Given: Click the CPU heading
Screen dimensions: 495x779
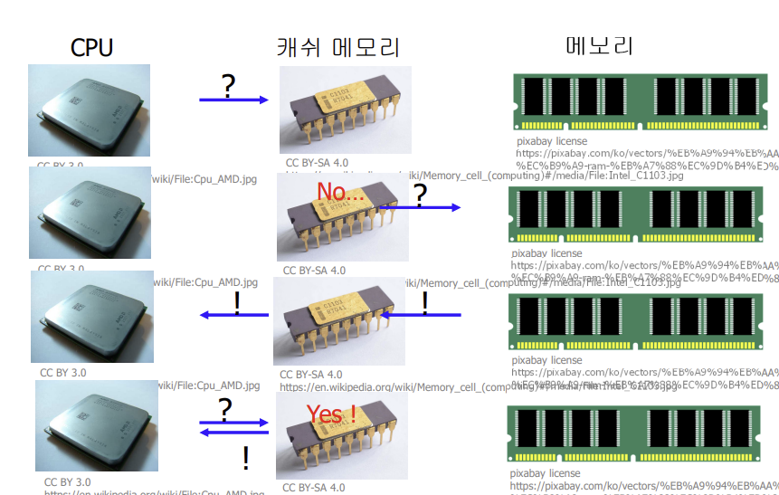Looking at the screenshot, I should [x=91, y=47].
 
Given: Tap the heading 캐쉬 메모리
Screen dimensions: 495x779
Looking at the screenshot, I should [x=337, y=47].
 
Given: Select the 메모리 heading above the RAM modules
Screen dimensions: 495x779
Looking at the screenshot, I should [x=600, y=47].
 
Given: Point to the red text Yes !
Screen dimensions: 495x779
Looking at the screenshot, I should [x=330, y=414].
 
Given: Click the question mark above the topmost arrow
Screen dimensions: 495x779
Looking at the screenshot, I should [x=228, y=86].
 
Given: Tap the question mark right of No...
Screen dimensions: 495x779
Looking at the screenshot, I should [x=420, y=193].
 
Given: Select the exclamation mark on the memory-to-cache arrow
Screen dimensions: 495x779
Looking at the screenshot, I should [x=424, y=301].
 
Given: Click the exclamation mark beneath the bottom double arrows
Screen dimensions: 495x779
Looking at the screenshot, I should [x=245, y=459].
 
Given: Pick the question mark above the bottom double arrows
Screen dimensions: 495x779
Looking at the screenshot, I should [x=225, y=408].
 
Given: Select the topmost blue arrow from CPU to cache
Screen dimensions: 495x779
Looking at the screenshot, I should [x=233, y=100].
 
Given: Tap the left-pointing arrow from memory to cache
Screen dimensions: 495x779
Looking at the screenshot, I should [x=420, y=315].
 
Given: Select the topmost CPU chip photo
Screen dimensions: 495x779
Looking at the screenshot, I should [x=88, y=110].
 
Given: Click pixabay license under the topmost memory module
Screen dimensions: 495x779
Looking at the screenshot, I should [x=551, y=141].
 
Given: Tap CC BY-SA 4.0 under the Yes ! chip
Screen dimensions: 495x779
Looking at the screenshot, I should [x=314, y=488].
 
